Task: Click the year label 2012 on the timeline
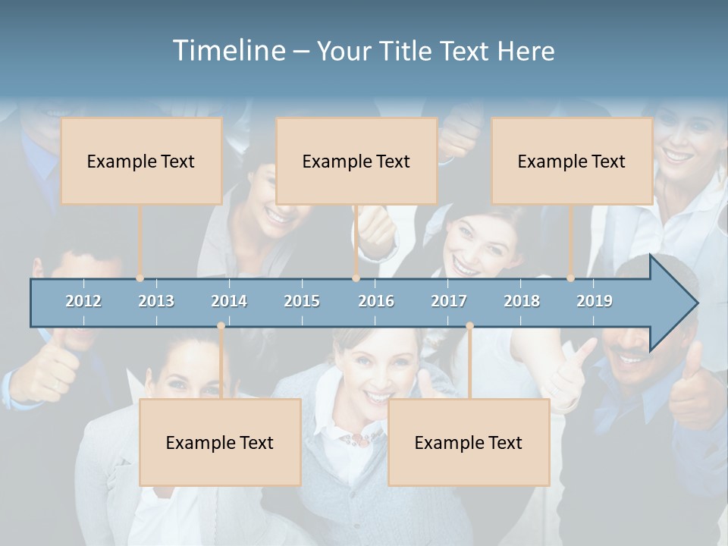[x=83, y=301]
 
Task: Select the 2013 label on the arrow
[x=156, y=301]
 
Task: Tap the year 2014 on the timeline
[x=229, y=301]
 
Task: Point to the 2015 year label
[x=302, y=301]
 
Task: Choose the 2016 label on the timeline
[x=376, y=301]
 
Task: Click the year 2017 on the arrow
[x=449, y=301]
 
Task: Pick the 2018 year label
[x=522, y=301]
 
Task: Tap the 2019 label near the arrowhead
[x=595, y=301]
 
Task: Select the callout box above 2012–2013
[x=141, y=161]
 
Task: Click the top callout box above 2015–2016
[x=356, y=161]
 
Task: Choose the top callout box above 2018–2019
[x=572, y=161]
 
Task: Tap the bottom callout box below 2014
[x=220, y=442]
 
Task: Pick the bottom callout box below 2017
[x=469, y=442]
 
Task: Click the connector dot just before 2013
[x=140, y=278]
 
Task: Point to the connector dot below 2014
[x=221, y=326]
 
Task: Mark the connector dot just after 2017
[x=469, y=326]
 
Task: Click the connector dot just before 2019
[x=570, y=278]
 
